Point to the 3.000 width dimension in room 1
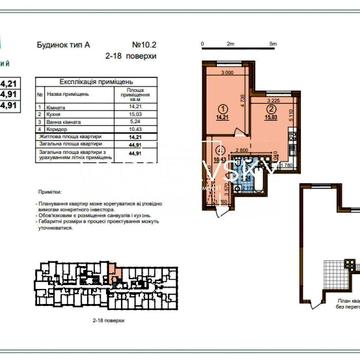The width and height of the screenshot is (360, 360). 228,74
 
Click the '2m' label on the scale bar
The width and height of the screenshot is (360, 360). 229,45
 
